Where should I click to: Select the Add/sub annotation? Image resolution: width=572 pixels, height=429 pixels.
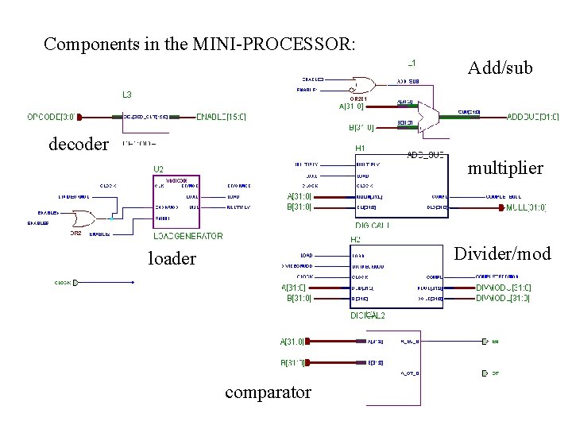point(500,68)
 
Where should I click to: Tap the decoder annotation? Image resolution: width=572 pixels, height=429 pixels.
point(78,144)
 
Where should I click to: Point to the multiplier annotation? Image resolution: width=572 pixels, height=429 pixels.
point(505,168)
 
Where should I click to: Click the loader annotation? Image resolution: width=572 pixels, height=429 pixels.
point(172,258)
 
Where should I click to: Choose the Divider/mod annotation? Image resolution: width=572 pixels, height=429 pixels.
point(501,253)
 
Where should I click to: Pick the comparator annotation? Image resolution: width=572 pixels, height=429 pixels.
point(268,392)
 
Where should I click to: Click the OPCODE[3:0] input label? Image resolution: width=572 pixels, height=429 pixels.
point(54,117)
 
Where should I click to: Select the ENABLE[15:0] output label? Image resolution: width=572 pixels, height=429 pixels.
point(222,117)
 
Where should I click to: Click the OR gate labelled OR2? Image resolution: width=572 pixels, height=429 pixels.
point(80,218)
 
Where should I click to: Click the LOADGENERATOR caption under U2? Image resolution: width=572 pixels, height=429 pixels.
point(188,236)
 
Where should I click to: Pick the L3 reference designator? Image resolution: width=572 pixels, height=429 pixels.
point(127,95)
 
